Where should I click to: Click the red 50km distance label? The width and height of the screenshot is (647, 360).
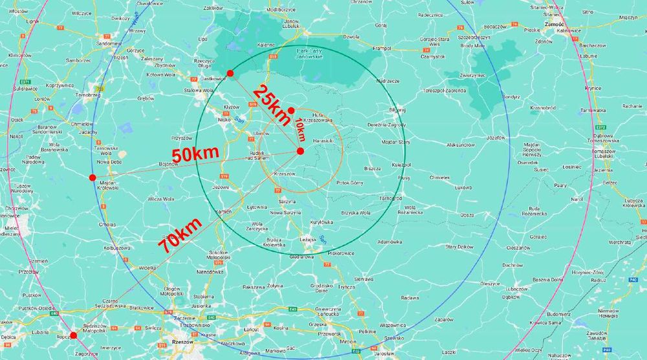pyautogui.click(x=195, y=154)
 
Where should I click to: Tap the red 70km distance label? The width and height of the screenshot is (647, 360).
pyautogui.click(x=180, y=235)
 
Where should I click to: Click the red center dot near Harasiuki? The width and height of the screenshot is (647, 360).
pyautogui.click(x=300, y=151)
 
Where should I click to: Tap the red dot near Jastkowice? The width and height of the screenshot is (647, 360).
pyautogui.click(x=230, y=73)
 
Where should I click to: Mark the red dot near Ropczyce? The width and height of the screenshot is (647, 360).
pyautogui.click(x=73, y=335)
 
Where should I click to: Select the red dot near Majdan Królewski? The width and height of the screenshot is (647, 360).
pyautogui.click(x=93, y=177)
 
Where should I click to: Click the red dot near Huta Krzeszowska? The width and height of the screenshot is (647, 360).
pyautogui.click(x=291, y=110)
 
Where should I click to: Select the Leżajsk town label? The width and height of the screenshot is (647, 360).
pyautogui.click(x=307, y=239)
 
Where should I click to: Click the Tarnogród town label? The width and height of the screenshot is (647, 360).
pyautogui.click(x=390, y=198)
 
